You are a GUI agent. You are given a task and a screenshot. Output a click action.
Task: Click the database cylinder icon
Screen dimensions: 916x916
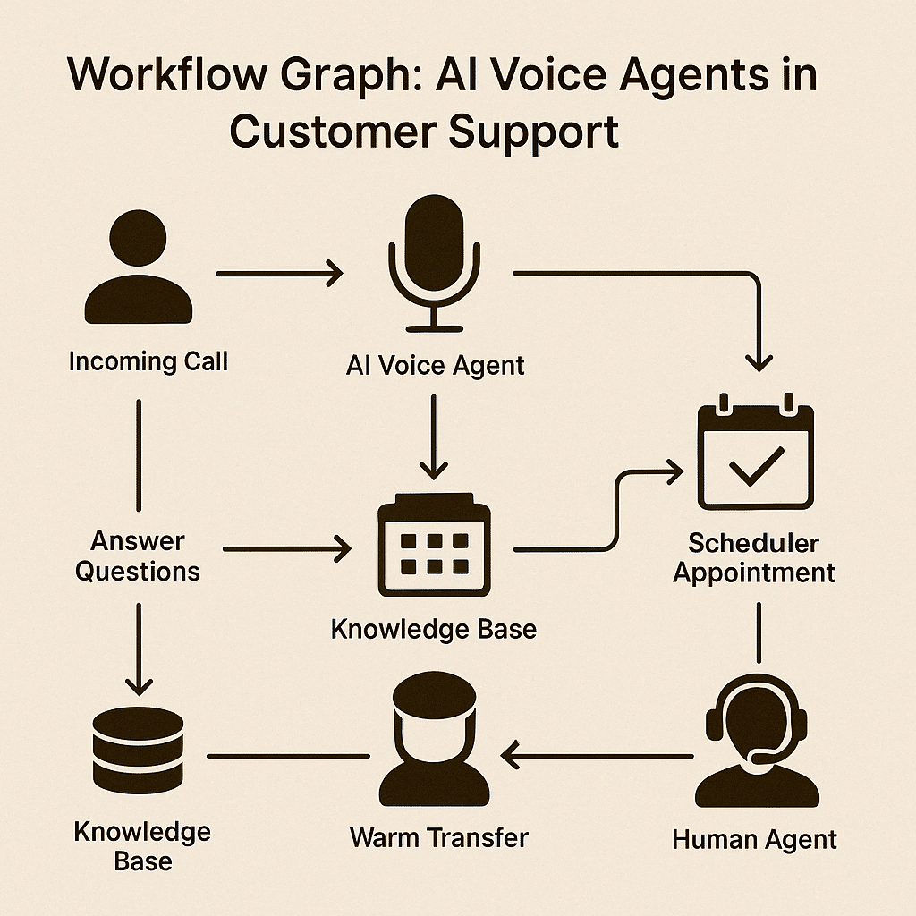pyautogui.click(x=139, y=748)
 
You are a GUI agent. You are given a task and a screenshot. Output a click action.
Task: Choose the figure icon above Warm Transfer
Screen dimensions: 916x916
pyautogui.click(x=435, y=742)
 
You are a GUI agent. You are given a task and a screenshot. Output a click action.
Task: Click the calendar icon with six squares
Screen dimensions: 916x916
pyautogui.click(x=435, y=546)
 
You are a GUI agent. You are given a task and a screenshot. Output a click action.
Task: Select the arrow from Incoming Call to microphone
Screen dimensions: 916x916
pyautogui.click(x=279, y=272)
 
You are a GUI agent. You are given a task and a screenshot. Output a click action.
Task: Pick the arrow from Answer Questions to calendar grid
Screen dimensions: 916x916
pyautogui.click(x=286, y=549)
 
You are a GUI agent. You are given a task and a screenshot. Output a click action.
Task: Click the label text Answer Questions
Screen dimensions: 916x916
pyautogui.click(x=138, y=556)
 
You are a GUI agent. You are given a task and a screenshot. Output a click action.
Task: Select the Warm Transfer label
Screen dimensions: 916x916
pyautogui.click(x=439, y=838)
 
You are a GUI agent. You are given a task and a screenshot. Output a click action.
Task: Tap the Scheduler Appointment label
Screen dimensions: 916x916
pyautogui.click(x=754, y=557)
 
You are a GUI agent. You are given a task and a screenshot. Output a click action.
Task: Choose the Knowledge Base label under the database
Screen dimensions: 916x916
pyautogui.click(x=142, y=846)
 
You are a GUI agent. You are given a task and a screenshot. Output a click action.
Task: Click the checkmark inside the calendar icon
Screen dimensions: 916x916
pyautogui.click(x=756, y=466)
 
